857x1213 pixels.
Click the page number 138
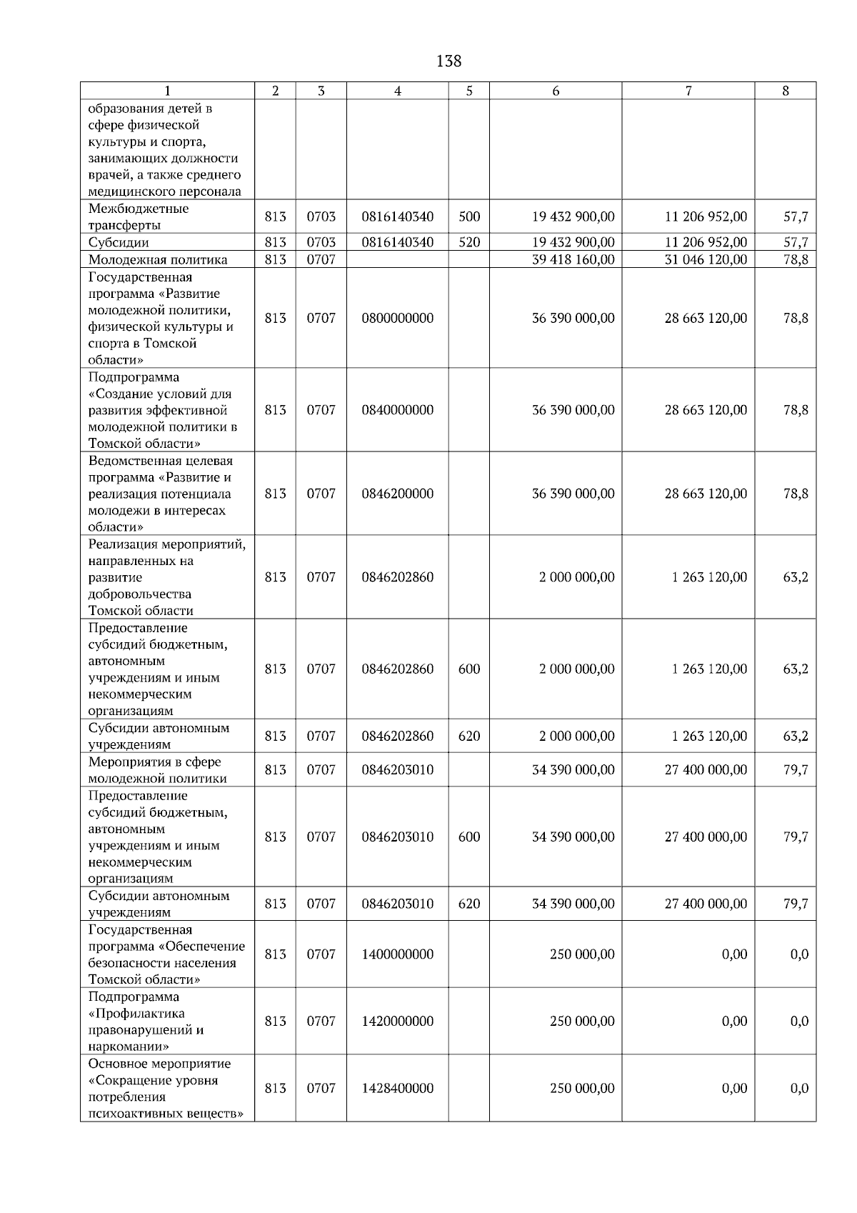click(448, 61)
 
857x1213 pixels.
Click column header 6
click(556, 91)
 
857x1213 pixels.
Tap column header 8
click(786, 91)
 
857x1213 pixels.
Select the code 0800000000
click(397, 318)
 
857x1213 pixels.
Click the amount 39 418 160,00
click(573, 259)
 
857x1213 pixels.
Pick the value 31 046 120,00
click(706, 259)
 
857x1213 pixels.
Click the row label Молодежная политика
click(158, 259)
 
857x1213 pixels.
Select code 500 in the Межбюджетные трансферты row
click(469, 216)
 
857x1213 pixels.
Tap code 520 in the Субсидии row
click(469, 242)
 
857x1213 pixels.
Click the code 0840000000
click(397, 410)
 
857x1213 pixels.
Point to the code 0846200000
click(397, 494)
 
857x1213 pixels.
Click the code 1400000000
click(397, 954)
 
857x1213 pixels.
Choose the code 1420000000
click(397, 1022)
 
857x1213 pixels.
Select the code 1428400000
click(397, 1089)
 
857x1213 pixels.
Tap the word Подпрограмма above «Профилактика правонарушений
click(134, 997)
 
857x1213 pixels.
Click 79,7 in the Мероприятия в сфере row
click(796, 770)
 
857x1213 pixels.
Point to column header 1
click(167, 91)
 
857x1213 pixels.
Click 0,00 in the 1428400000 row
click(734, 1089)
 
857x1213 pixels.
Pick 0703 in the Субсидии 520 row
click(321, 242)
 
